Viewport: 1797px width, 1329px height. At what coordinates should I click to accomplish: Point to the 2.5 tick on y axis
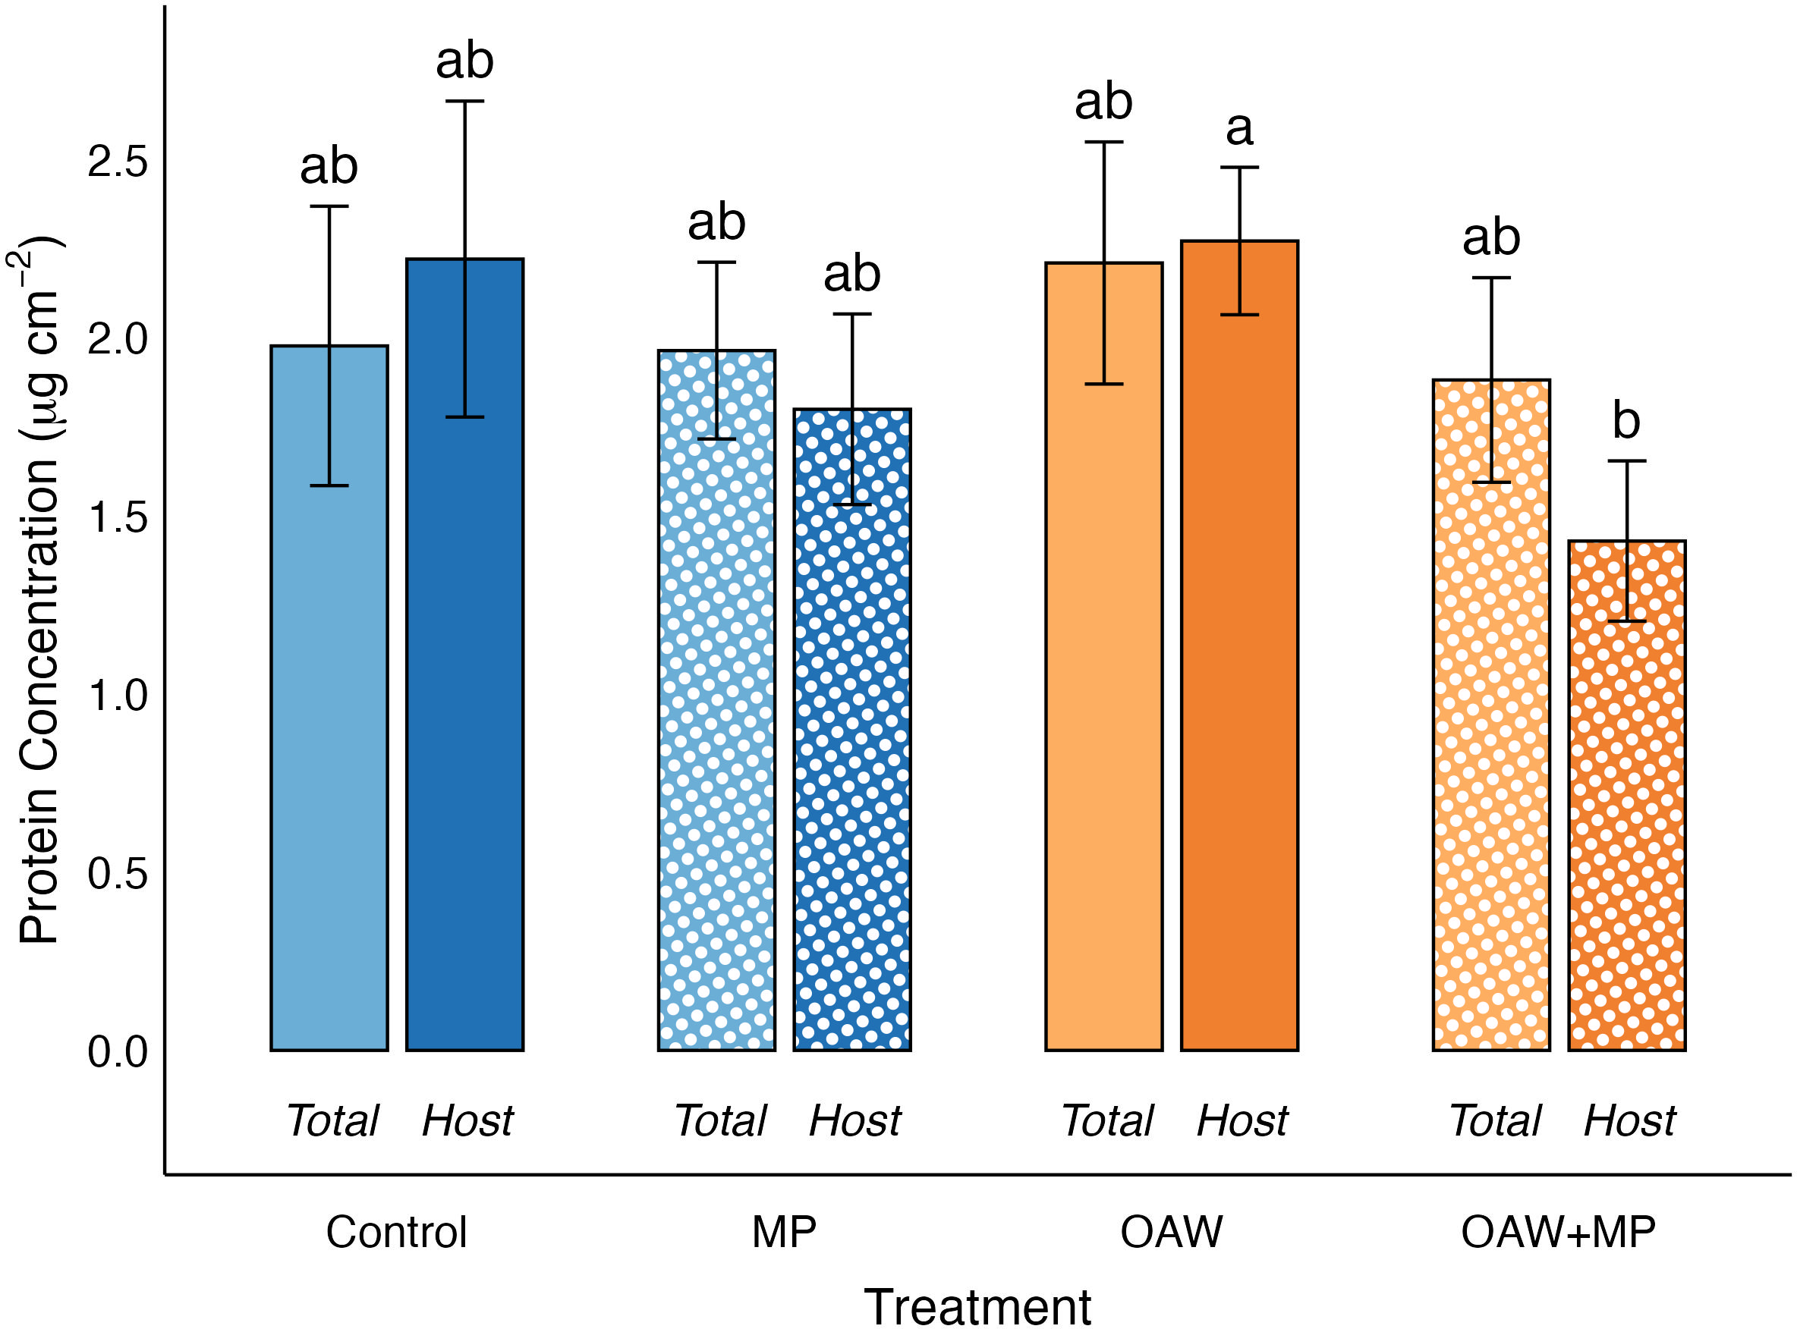[118, 162]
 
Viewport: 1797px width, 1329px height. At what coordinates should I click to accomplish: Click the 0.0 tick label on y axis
[118, 1051]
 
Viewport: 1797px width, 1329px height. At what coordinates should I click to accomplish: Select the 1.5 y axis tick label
[118, 517]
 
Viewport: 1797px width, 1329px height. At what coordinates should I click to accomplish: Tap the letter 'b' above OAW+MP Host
[1626, 421]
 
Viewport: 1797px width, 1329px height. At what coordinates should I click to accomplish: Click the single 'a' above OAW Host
[1239, 129]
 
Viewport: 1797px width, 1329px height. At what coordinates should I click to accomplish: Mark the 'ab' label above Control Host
[464, 61]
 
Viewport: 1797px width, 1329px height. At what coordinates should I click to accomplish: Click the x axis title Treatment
[977, 1305]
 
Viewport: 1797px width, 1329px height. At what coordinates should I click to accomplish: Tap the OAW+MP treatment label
[1558, 1232]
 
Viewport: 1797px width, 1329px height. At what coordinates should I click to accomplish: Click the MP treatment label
[784, 1232]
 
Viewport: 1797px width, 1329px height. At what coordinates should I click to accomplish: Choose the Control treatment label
[396, 1232]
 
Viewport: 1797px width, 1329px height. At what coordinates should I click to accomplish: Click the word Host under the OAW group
[1242, 1120]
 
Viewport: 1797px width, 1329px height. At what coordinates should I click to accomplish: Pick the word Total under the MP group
[720, 1120]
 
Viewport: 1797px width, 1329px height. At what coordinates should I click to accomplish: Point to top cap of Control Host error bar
[464, 102]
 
